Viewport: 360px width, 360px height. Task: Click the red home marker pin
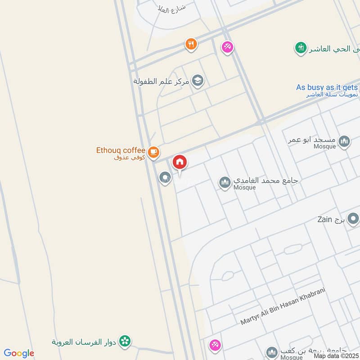click(180, 162)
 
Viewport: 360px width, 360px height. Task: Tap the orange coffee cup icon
click(154, 152)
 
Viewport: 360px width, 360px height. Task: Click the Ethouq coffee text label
click(121, 150)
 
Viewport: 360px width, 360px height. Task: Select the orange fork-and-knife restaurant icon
click(191, 44)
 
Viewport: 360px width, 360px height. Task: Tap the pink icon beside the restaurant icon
click(227, 47)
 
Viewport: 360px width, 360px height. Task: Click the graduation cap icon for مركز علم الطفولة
click(197, 81)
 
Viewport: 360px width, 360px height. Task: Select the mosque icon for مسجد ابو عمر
click(344, 142)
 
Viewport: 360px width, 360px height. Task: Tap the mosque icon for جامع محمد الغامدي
click(225, 182)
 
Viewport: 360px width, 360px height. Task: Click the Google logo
click(19, 353)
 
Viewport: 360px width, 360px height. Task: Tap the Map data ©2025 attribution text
click(336, 356)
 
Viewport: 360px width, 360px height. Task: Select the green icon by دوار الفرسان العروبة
click(126, 341)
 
